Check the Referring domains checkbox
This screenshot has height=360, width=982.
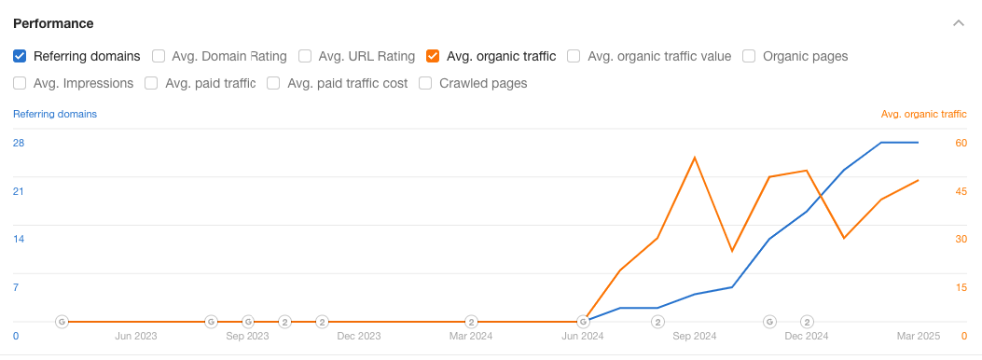20,56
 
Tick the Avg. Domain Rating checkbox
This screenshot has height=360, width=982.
159,56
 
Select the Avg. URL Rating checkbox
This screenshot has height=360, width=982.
305,56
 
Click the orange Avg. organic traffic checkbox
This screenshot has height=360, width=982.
433,56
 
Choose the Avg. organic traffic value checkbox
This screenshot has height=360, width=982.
574,56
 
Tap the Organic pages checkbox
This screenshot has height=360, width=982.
749,56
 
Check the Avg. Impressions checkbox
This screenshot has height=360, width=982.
20,83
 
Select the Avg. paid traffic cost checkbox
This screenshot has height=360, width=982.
273,83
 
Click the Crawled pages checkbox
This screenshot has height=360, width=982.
425,83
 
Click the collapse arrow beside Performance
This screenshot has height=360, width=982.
957,23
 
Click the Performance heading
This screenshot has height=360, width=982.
53,23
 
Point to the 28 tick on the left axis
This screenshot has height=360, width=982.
19,143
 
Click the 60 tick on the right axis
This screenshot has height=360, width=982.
961,143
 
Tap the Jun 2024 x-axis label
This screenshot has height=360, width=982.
583,336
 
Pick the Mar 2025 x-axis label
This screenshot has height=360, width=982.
918,336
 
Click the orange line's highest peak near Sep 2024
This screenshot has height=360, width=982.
695,158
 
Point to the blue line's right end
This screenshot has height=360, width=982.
919,143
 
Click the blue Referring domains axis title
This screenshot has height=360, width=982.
55,114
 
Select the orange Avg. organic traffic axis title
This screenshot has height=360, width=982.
923,114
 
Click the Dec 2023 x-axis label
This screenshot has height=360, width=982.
359,336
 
